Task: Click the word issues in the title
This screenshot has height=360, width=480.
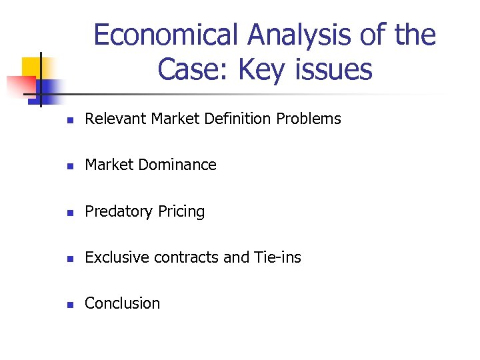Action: click(334, 69)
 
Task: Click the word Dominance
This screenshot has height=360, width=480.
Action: click(181, 165)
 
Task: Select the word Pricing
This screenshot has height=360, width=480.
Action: click(181, 211)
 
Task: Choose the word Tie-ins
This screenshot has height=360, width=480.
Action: click(277, 257)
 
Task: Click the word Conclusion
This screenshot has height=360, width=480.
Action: click(123, 303)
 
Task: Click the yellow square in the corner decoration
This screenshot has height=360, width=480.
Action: click(32, 67)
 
